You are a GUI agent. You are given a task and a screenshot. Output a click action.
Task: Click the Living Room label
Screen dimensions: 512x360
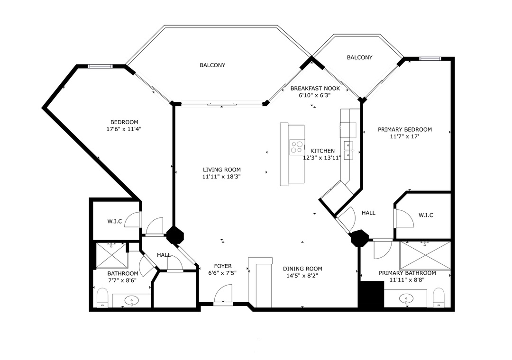[x=222, y=170]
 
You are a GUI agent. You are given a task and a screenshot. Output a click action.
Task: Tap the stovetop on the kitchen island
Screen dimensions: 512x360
[x=297, y=147]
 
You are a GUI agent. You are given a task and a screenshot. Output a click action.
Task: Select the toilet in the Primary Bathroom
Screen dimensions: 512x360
[x=439, y=297]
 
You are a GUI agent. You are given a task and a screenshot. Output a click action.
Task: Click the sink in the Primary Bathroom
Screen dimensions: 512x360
[x=407, y=298]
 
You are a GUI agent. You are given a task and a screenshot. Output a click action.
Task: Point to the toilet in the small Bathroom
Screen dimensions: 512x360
[x=102, y=297]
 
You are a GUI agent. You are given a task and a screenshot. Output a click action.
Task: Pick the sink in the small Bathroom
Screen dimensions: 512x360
[x=132, y=300]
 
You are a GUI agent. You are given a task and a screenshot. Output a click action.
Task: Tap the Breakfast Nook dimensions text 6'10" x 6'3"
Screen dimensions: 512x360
[x=315, y=96]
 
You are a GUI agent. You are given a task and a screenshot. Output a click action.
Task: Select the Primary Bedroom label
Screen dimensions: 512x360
[x=405, y=130]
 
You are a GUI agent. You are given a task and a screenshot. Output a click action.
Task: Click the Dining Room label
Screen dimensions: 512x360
[x=302, y=269]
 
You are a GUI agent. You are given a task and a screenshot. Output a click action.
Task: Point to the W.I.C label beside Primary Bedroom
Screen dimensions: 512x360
[x=426, y=215]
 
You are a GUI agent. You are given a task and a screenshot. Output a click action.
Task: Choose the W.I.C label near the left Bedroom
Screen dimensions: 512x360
[x=115, y=221]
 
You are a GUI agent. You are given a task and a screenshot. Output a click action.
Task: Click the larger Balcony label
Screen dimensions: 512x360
[x=212, y=65]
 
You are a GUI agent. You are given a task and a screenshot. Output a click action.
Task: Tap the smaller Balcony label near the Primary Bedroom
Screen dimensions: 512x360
[x=359, y=57]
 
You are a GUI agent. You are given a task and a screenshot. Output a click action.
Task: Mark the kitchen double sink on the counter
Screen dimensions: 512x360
[x=349, y=150]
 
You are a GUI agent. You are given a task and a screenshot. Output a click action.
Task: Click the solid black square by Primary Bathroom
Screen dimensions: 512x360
[x=371, y=295]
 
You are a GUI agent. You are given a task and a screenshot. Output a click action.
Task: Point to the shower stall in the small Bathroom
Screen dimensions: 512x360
[x=111, y=256]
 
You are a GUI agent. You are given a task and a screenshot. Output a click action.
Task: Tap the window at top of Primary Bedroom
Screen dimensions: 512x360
[x=430, y=59]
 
